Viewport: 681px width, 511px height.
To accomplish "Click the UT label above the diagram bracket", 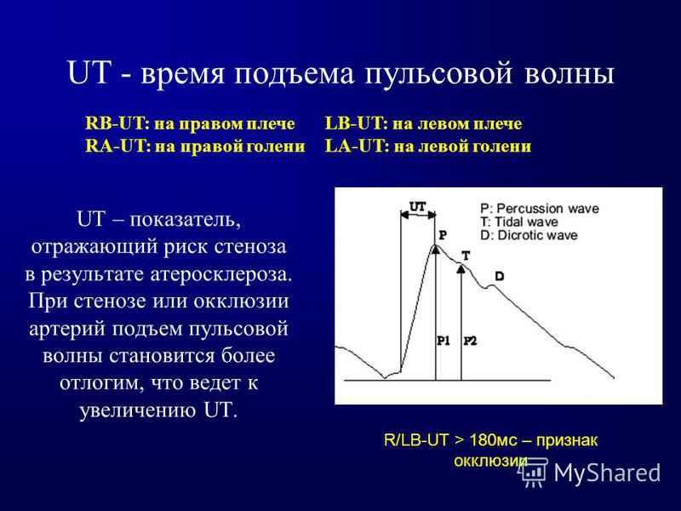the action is click(418, 207).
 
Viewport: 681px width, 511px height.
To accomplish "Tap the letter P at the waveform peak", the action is click(443, 235).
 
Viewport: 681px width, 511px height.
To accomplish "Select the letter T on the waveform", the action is click(466, 255).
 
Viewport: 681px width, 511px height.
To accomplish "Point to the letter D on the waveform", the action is click(500, 276).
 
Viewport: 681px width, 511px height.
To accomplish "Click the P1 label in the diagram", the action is click(443, 342).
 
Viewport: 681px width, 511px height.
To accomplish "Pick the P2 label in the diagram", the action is click(470, 342).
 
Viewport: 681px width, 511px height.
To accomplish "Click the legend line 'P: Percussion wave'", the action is click(540, 209).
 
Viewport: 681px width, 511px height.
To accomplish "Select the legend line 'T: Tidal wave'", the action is click(519, 222).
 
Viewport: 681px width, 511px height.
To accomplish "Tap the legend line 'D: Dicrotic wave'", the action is click(529, 236).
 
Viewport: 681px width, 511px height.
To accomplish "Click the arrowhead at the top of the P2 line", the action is click(461, 268).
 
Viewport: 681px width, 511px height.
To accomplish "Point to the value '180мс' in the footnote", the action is click(494, 440).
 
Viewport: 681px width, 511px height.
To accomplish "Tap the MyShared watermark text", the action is click(607, 473).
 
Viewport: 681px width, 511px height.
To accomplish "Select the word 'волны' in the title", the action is click(569, 73).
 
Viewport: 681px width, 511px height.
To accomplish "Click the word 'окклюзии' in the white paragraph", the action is click(241, 301).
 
